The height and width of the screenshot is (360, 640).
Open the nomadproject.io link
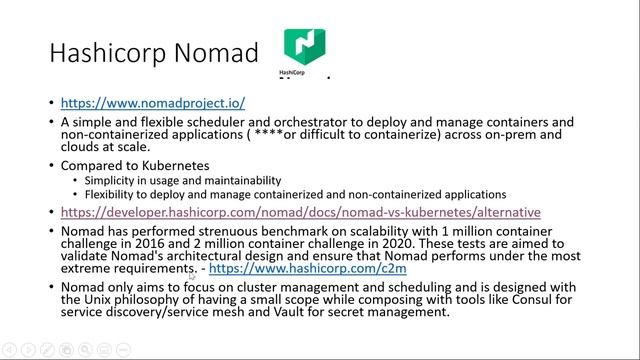pyautogui.click(x=153, y=103)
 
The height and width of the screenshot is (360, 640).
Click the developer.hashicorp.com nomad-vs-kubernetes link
pyautogui.click(x=300, y=212)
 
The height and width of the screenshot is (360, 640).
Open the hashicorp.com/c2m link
pyautogui.click(x=308, y=269)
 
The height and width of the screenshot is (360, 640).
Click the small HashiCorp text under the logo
pyautogui.click(x=292, y=73)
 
